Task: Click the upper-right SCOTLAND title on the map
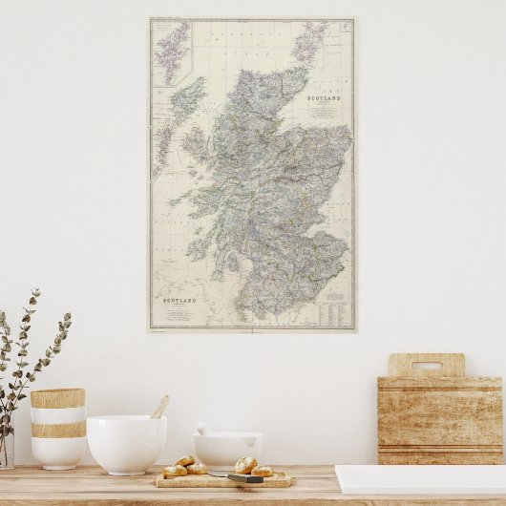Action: [x=325, y=98]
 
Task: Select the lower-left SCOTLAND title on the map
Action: [x=179, y=301]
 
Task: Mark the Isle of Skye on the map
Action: [x=195, y=145]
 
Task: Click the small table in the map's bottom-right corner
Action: [x=336, y=309]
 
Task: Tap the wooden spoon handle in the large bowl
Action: [x=159, y=407]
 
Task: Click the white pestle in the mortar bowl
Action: [x=202, y=429]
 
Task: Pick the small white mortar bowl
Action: [x=227, y=449]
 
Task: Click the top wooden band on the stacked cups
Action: [x=57, y=398]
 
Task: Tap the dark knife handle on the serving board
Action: [x=246, y=477]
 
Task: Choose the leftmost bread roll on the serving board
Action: [x=175, y=471]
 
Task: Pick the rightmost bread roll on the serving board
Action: [x=262, y=471]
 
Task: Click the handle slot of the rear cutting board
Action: [x=427, y=365]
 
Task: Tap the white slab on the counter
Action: [x=420, y=478]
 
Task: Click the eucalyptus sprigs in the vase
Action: [x=29, y=353]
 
